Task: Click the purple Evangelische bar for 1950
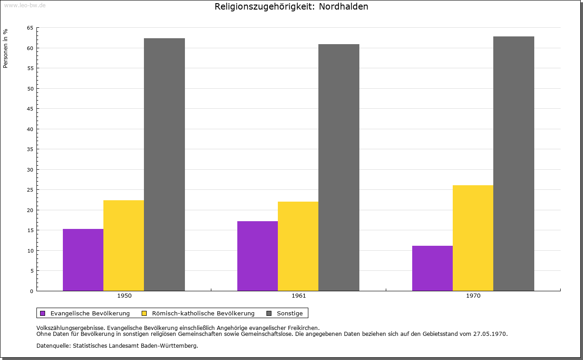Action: (83, 260)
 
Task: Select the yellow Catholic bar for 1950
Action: (123, 246)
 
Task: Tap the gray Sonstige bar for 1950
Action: (164, 165)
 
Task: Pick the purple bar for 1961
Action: (257, 256)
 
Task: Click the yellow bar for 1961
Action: (298, 246)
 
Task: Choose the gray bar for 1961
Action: (338, 167)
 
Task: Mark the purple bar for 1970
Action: (432, 268)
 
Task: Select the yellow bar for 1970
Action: (473, 238)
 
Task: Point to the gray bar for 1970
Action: (513, 163)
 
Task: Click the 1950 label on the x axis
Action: (124, 296)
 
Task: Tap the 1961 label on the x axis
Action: (299, 296)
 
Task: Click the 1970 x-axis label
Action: (473, 296)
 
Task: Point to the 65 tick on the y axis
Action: (30, 28)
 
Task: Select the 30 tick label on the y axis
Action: (30, 170)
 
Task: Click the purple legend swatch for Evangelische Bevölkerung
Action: (43, 314)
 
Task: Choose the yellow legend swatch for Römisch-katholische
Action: (144, 314)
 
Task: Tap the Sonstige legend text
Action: (290, 314)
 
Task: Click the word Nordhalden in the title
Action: (343, 6)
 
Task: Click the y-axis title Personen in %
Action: (5, 48)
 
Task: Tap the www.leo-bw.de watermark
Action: (25, 5)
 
